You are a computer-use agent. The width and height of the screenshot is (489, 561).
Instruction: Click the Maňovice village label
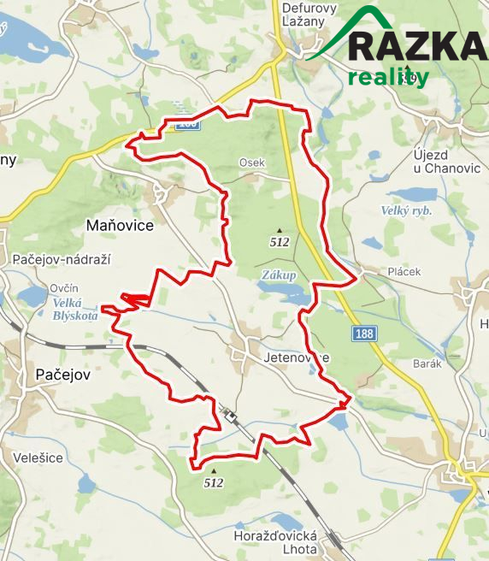(x=120, y=226)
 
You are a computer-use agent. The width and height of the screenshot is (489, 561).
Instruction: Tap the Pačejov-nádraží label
(x=62, y=259)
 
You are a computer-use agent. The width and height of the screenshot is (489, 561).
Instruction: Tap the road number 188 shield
(x=364, y=334)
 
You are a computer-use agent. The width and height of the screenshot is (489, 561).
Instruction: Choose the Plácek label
(x=404, y=272)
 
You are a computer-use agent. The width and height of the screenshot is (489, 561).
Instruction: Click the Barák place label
(x=426, y=363)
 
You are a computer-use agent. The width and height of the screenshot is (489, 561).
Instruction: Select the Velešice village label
(x=38, y=458)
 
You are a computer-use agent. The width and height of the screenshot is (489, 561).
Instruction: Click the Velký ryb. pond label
(x=407, y=210)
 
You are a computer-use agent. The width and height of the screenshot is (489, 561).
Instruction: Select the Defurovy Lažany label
(x=309, y=15)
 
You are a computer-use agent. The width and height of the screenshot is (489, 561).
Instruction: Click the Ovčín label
(x=64, y=288)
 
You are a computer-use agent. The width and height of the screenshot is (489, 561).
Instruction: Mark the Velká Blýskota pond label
(x=74, y=309)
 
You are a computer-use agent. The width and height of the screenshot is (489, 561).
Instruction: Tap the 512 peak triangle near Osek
(x=279, y=230)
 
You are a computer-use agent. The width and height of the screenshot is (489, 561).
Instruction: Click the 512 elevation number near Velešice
(x=214, y=483)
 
